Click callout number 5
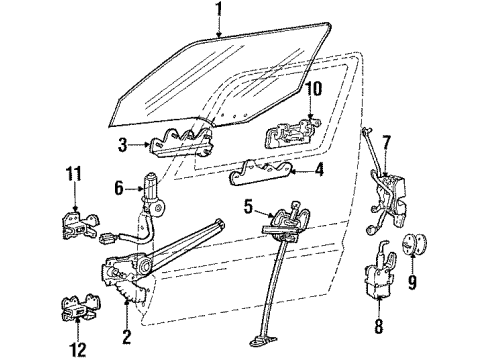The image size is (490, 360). point(248,208)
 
